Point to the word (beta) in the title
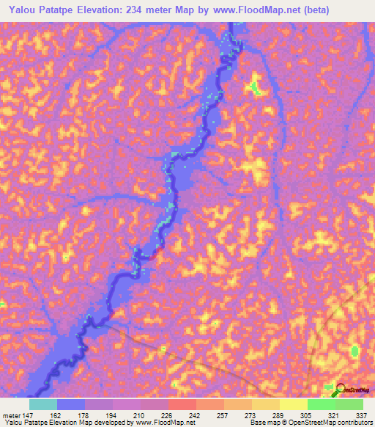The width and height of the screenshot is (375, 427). [312, 10]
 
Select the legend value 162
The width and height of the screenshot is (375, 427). [56, 415]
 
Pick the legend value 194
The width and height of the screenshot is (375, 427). [112, 415]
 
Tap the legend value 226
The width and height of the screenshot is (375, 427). [168, 415]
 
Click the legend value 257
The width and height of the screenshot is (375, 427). [223, 415]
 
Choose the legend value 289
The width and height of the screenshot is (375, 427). [279, 415]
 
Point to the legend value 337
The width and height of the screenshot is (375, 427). [361, 415]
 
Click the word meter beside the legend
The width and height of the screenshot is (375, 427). [10, 415]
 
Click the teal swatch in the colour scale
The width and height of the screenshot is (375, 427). [43, 404]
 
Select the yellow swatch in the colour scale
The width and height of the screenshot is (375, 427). [293, 404]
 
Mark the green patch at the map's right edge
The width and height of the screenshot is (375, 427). [355, 351]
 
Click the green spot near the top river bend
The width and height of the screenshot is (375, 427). [255, 87]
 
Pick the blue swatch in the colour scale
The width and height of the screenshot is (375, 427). [71, 404]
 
